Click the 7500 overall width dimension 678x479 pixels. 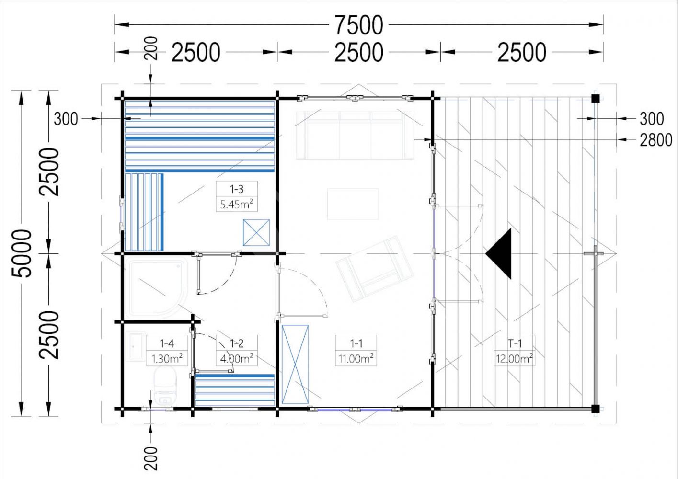pyautogui.click(x=359, y=25)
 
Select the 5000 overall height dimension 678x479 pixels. pyautogui.click(x=22, y=253)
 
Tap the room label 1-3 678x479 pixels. pyautogui.click(x=236, y=189)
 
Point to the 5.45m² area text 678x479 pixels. pyautogui.click(x=236, y=204)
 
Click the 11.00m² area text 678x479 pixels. pyautogui.click(x=356, y=359)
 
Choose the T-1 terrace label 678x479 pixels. pyautogui.click(x=515, y=343)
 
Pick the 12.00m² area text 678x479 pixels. pyautogui.click(x=514, y=359)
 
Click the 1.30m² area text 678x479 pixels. pyautogui.click(x=167, y=359)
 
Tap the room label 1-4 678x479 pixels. pyautogui.click(x=167, y=343)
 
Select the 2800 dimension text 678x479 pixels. pyautogui.click(x=656, y=140)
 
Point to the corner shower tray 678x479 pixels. pyautogui.click(x=157, y=287)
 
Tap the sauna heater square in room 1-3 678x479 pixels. pyautogui.click(x=256, y=233)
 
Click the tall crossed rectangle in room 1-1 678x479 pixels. pyautogui.click(x=295, y=365)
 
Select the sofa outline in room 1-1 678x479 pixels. pyautogui.click(x=355, y=135)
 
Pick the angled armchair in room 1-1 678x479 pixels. pyautogui.click(x=375, y=269)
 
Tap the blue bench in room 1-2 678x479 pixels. pyautogui.click(x=235, y=390)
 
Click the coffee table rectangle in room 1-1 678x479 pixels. pyautogui.click(x=353, y=204)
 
